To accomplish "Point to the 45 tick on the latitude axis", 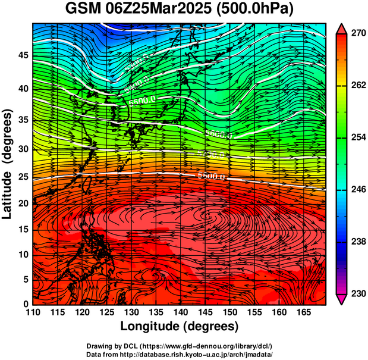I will (x=23, y=55).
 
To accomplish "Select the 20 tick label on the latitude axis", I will (x=23, y=204).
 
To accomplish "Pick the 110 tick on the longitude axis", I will (x=33, y=313).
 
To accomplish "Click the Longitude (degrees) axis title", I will (x=180, y=326).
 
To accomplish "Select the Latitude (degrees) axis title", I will (x=8, y=164).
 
